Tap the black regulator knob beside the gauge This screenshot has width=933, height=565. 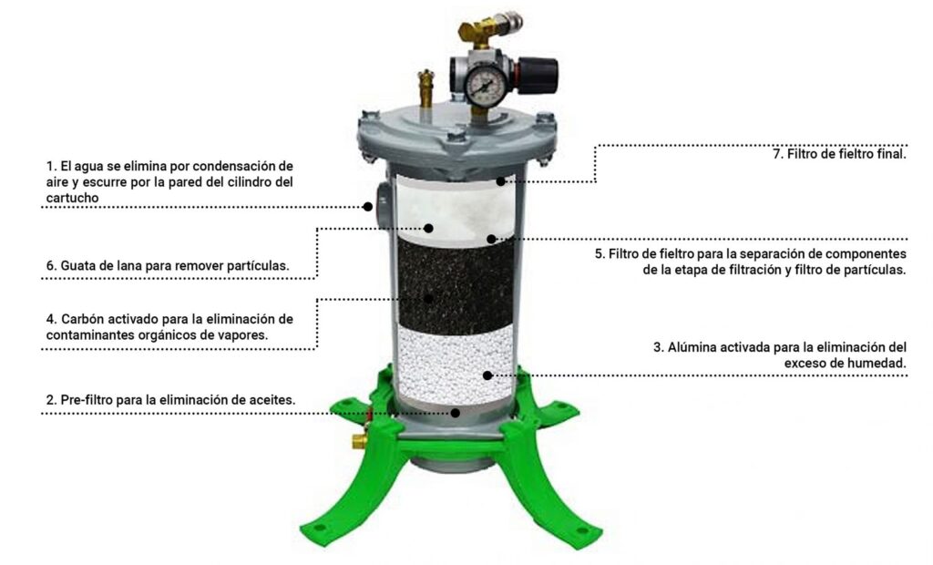(540, 75)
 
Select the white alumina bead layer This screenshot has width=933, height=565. (456, 364)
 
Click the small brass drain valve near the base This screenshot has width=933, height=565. (359, 441)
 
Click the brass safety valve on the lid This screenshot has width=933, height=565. (426, 87)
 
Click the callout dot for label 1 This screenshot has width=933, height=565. (368, 207)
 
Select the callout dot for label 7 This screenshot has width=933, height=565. (501, 181)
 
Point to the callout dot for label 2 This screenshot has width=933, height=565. (456, 412)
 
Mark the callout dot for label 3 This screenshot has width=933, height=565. (487, 375)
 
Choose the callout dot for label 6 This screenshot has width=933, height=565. (428, 228)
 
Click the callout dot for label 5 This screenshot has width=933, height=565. (491, 240)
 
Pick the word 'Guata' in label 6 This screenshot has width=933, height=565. (77, 265)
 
